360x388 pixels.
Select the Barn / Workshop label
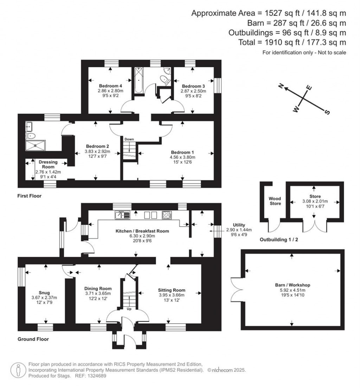(292, 285)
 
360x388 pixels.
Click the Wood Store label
(275, 201)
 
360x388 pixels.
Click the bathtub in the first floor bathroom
(137, 80)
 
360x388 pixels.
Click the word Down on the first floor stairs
(129, 139)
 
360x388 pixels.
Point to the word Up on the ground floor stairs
(129, 309)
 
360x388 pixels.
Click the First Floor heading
(30, 196)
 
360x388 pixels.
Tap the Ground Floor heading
(33, 339)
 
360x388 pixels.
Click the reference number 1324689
(97, 376)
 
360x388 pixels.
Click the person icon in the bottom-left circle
(18, 370)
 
